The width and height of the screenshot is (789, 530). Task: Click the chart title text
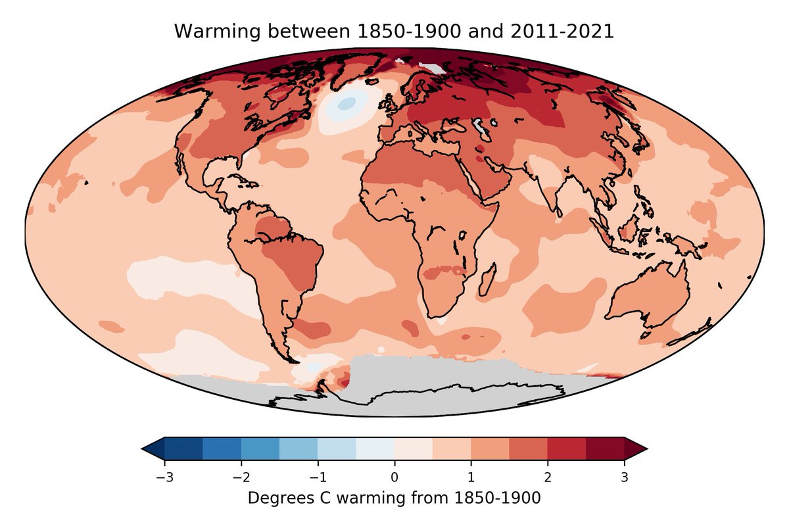[394, 32]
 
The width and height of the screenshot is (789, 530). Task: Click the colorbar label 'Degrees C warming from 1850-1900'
[394, 498]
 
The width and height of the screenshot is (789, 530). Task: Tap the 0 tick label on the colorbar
[394, 477]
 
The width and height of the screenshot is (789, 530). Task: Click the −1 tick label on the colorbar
[317, 477]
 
